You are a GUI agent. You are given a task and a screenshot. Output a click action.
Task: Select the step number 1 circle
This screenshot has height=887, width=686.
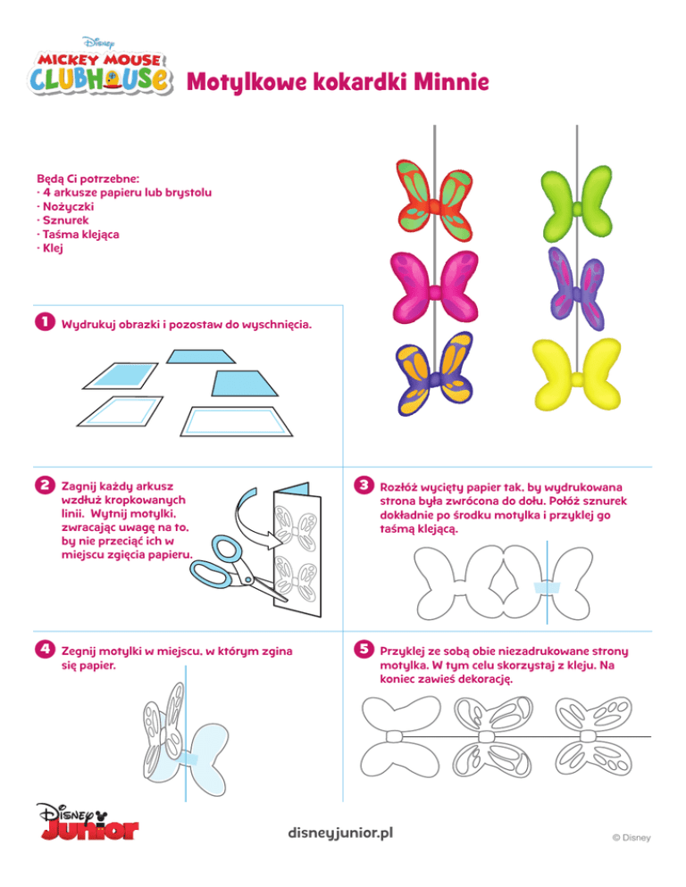point(45,322)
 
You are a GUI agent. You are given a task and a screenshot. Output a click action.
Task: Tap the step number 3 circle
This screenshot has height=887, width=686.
point(364,485)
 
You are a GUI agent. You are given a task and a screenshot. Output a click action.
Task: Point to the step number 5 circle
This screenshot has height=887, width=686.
point(364,649)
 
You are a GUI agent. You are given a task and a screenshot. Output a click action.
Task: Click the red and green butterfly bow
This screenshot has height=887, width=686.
point(433,202)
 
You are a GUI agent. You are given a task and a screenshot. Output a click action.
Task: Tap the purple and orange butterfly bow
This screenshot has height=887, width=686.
point(435,373)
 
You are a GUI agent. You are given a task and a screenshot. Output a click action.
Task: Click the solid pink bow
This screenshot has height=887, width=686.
point(434,286)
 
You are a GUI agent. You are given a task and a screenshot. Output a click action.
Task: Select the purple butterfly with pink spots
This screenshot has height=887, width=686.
point(576,289)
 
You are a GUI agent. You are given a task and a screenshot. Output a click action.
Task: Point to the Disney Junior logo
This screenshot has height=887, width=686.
point(88,821)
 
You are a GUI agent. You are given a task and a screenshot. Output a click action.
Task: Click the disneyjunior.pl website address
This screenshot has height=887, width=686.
point(340,833)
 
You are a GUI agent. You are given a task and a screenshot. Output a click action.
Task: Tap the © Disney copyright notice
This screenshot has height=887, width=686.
point(631,838)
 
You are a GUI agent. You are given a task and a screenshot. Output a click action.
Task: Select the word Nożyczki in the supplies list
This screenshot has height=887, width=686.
point(69,206)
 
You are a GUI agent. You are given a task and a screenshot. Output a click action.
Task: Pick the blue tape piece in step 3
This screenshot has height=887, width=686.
point(547,587)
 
